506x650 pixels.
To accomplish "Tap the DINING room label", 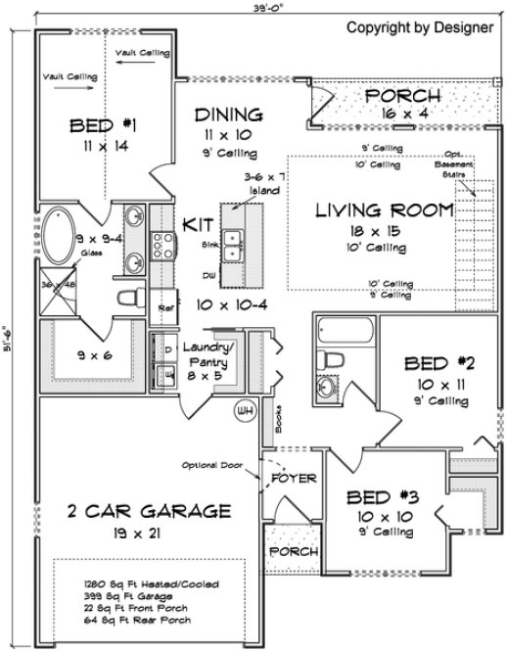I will click(x=227, y=113).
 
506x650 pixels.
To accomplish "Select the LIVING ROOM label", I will click(x=384, y=209).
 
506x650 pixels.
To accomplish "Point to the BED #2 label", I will click(x=439, y=364).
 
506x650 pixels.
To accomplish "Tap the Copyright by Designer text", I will click(x=420, y=27).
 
